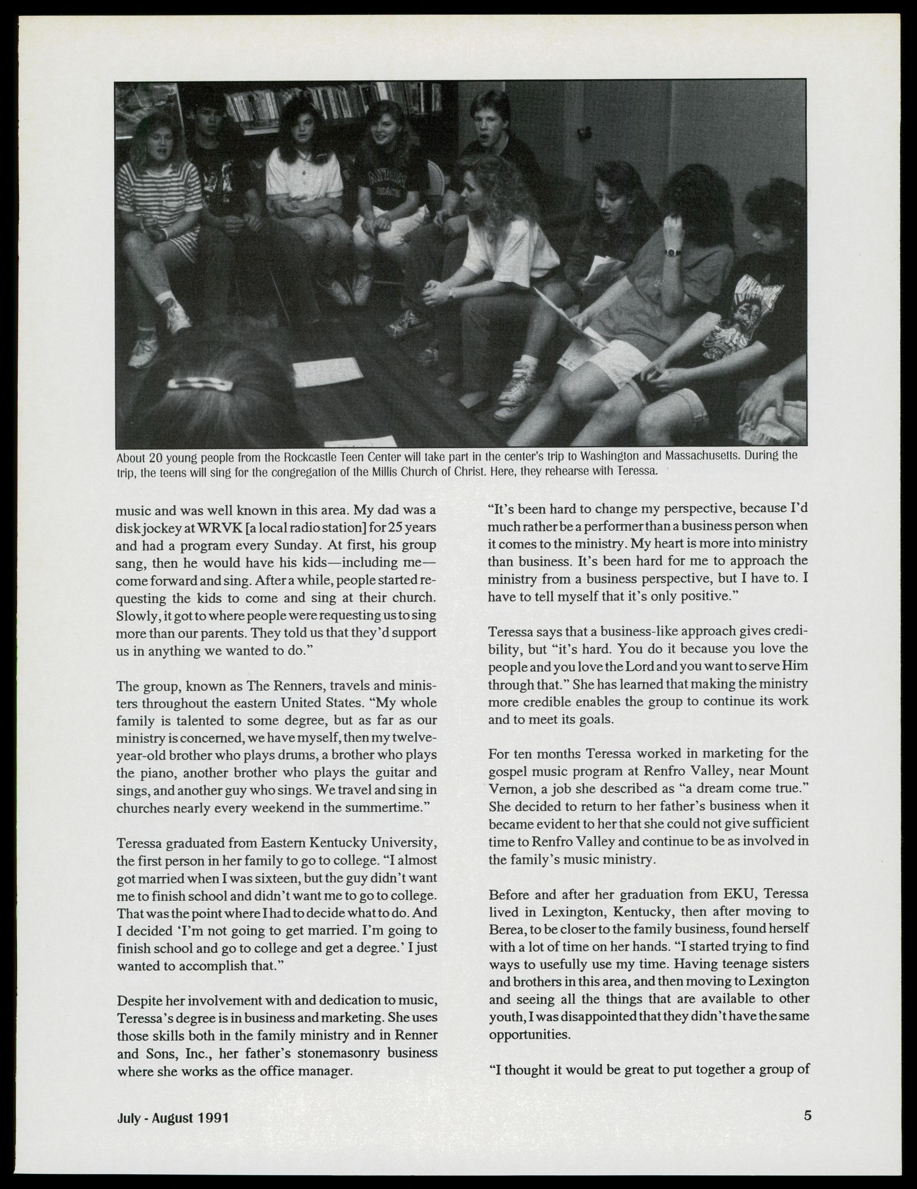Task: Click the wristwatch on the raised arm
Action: (x=672, y=252)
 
